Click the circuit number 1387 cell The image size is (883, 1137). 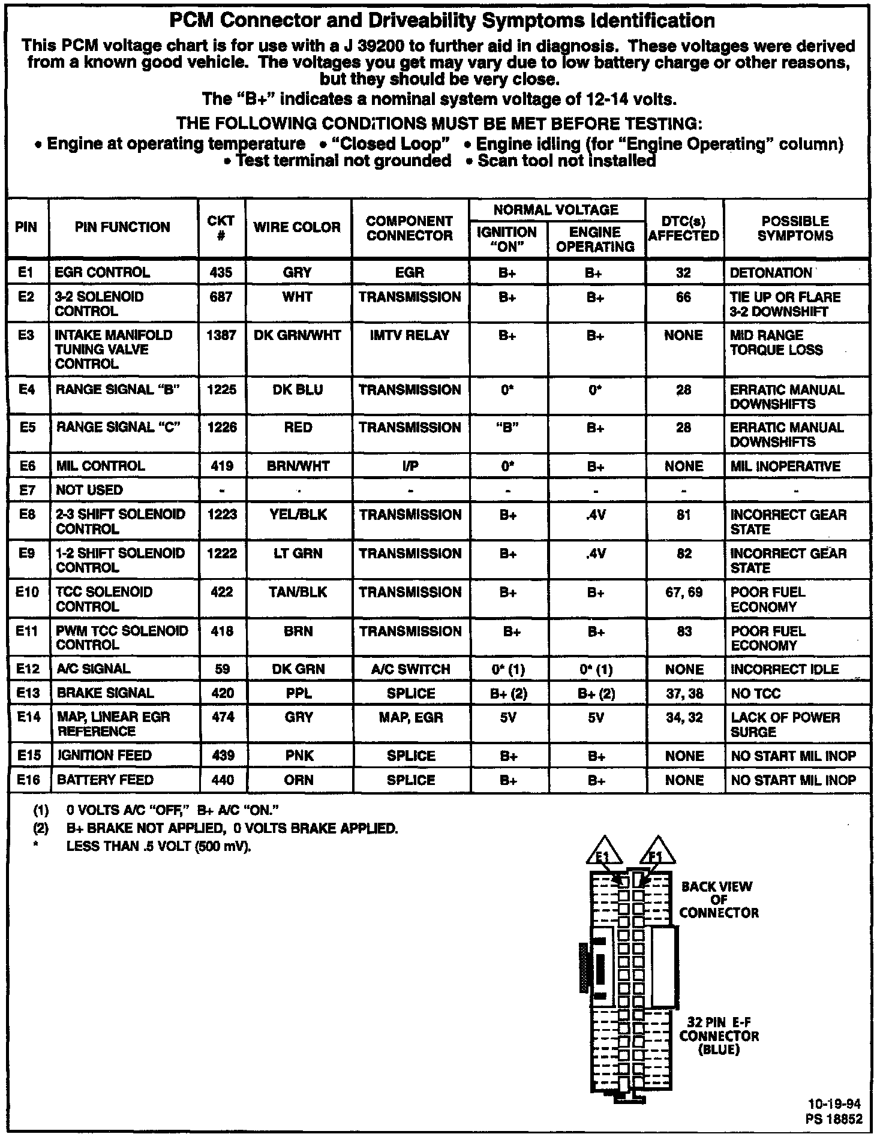(221, 336)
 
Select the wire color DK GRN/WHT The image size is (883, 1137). (298, 336)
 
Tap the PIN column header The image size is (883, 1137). (26, 227)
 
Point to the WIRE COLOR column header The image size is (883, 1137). (298, 227)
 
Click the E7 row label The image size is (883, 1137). (26, 491)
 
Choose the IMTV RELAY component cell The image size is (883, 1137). (410, 336)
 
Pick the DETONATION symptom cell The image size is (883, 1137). (771, 273)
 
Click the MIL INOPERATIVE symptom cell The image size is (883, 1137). (785, 467)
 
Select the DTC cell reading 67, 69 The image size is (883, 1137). (684, 592)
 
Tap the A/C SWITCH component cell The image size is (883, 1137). (410, 669)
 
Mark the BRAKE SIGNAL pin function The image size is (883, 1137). (105, 693)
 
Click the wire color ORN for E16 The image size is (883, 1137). (299, 780)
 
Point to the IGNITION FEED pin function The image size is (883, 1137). (104, 756)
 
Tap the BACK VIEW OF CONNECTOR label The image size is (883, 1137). (718, 900)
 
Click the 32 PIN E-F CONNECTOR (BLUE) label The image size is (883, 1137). (719, 1036)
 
